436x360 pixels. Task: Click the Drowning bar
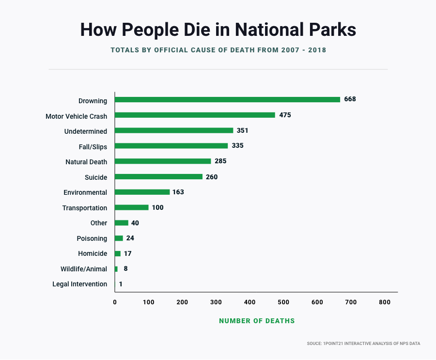[x=227, y=99]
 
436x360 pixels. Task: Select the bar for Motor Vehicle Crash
[x=195, y=115]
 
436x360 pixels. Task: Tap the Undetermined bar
[x=174, y=130]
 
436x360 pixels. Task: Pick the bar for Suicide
[x=158, y=176]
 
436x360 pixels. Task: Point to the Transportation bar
[x=132, y=207]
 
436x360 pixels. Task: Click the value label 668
[x=350, y=99]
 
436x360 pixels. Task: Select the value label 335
[x=237, y=145]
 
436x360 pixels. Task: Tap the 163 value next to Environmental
[x=178, y=192]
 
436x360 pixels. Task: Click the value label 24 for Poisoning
[x=130, y=238]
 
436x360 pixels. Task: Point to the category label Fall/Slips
[x=93, y=146]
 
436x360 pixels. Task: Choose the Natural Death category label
[x=86, y=162]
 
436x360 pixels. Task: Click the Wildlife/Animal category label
[x=84, y=269]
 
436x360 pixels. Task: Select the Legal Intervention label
[x=79, y=284]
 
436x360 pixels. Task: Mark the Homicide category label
[x=93, y=253]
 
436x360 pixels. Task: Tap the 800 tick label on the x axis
[x=384, y=302]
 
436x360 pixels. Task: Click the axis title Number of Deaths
[x=257, y=321]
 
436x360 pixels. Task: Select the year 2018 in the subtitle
[x=316, y=50]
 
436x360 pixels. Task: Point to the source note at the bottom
[x=363, y=344]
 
